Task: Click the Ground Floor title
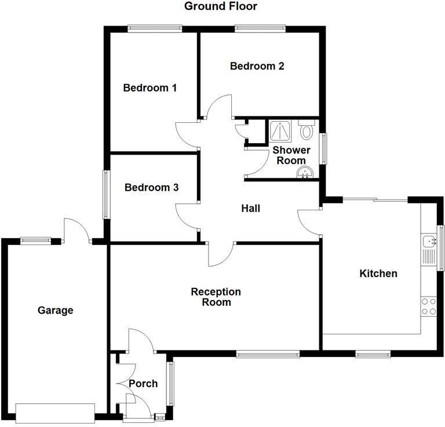pos(220,7)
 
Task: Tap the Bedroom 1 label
pos(150,88)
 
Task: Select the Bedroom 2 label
pos(257,66)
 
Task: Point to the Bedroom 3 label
pos(151,188)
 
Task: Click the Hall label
pos(251,208)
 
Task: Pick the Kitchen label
pos(378,273)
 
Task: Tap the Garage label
pos(56,311)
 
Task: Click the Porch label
pos(143,384)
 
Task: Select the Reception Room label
pos(216,297)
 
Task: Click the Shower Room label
pos(291,155)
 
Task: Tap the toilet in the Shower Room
pos(307,130)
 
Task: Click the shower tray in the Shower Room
pos(281,131)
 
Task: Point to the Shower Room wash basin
pos(305,172)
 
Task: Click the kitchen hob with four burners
pos(429,306)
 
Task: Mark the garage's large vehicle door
pos(55,412)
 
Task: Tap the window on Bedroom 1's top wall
pos(155,27)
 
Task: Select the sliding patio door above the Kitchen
pos(375,199)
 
